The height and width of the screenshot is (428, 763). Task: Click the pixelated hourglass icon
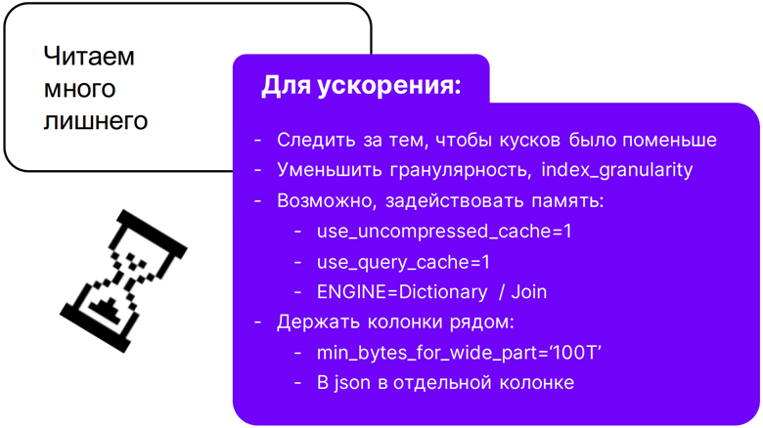pyautogui.click(x=123, y=281)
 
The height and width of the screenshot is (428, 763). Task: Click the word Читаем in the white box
pyautogui.click(x=89, y=56)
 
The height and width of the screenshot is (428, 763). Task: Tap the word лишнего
pyautogui.click(x=96, y=120)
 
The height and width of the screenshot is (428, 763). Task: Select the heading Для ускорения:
pyautogui.click(x=361, y=86)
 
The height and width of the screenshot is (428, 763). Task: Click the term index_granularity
pyautogui.click(x=617, y=170)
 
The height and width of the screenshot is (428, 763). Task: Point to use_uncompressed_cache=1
pyautogui.click(x=444, y=232)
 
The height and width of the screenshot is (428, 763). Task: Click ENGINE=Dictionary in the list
pyautogui.click(x=402, y=292)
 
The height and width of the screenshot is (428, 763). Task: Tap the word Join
pyautogui.click(x=529, y=292)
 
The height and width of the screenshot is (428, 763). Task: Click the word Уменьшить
pyautogui.click(x=330, y=170)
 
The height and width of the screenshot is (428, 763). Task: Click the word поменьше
pyautogui.click(x=669, y=140)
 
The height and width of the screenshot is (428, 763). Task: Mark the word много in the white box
pyautogui.click(x=80, y=89)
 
